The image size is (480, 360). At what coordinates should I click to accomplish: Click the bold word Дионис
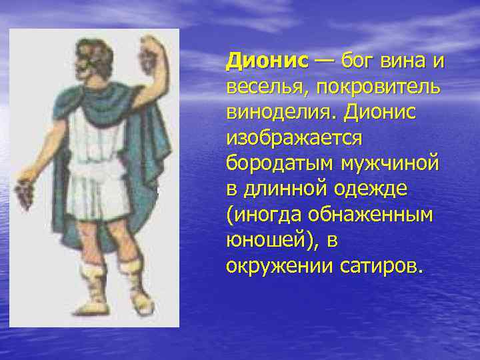point(267,61)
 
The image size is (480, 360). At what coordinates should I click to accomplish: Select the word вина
point(407,61)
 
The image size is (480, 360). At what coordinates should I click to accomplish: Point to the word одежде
point(374,189)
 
